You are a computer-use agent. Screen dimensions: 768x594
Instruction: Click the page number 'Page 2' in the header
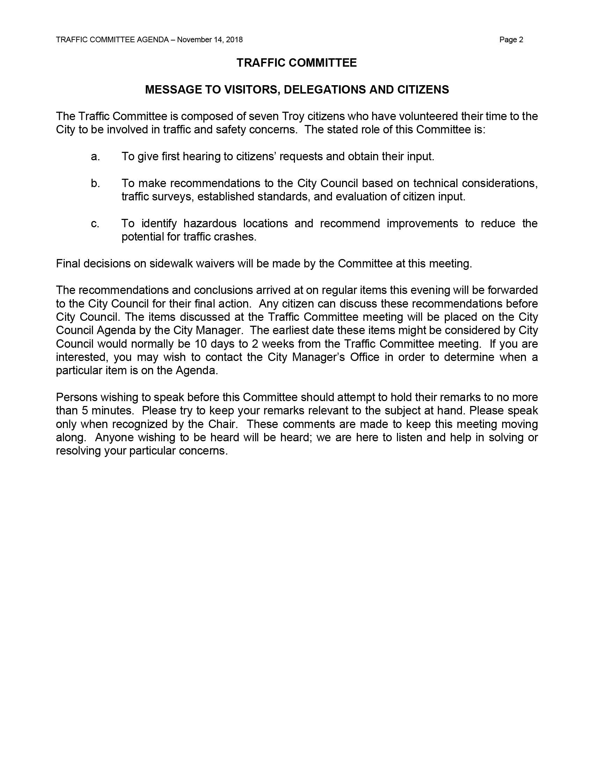point(511,40)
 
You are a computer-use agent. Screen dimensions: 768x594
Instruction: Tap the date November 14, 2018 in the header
point(210,40)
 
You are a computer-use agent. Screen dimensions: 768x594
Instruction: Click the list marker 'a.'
point(95,156)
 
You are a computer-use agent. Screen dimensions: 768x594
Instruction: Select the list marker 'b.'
point(95,183)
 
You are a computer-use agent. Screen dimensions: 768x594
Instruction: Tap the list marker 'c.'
point(95,223)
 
